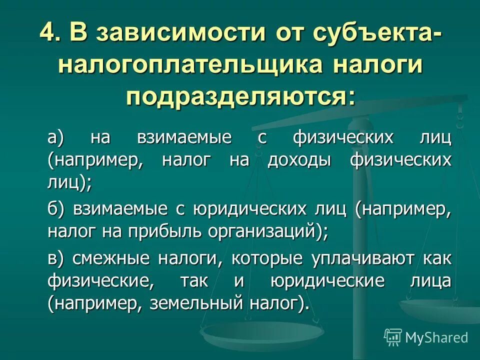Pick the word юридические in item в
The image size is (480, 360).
click(x=334, y=281)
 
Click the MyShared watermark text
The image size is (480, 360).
click(x=436, y=337)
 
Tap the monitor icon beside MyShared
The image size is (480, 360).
click(x=393, y=337)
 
